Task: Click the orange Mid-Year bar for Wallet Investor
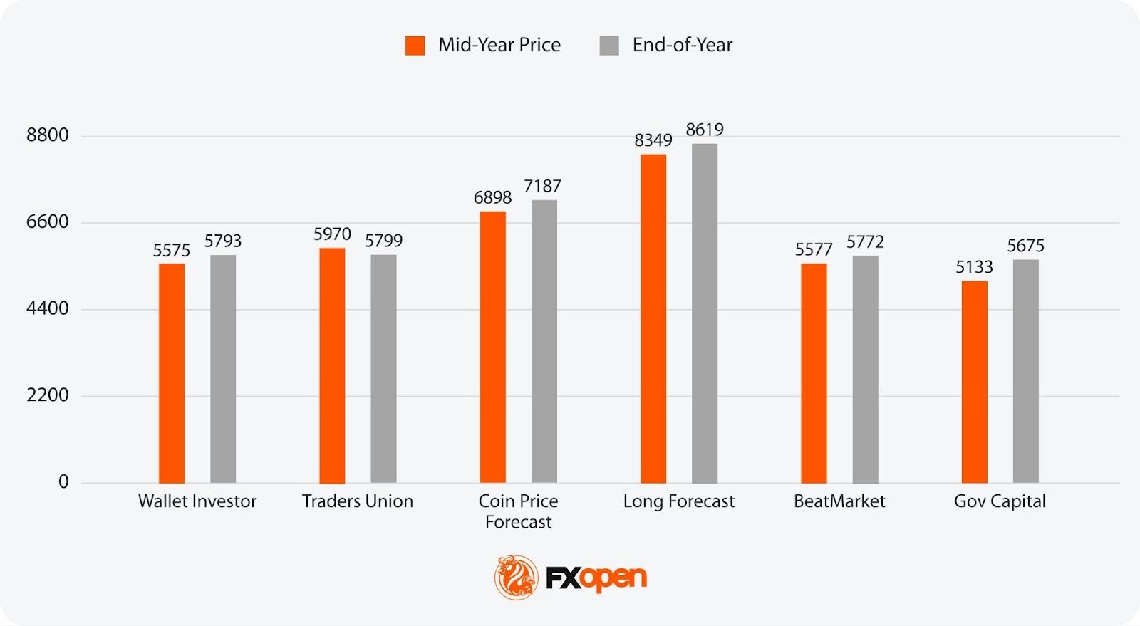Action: pos(172,373)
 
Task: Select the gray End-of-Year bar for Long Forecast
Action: pos(705,313)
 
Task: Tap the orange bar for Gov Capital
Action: pos(974,382)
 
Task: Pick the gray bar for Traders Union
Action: pos(383,369)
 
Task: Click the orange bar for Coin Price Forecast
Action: pos(493,347)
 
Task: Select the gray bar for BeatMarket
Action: pos(865,369)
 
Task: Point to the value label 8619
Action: pos(705,130)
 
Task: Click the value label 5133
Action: pos(974,267)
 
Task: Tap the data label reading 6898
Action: pos(493,197)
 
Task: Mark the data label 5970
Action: pos(332,234)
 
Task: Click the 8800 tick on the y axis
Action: pos(48,135)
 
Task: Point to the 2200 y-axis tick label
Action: pos(48,395)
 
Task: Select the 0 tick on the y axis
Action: pos(63,482)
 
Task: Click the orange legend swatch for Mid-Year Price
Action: pos(415,46)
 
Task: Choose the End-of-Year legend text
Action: pos(682,45)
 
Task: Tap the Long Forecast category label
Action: pos(678,501)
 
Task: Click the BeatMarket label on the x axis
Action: pos(839,501)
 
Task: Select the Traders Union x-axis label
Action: pos(358,501)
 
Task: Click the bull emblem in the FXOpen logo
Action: pos(517,577)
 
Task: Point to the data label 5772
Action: pos(865,242)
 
